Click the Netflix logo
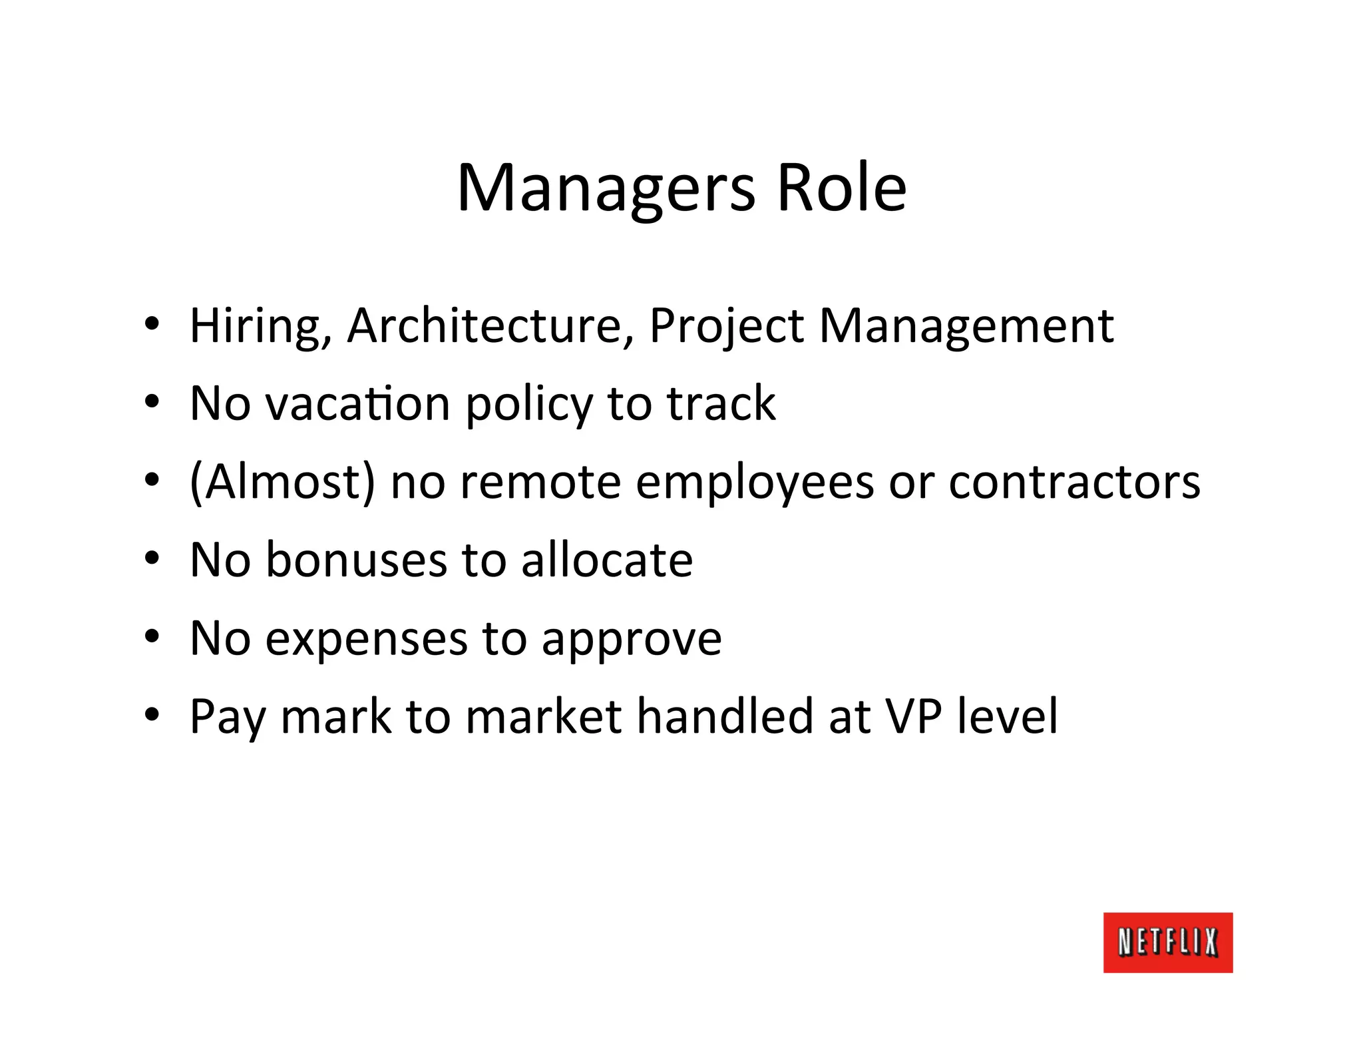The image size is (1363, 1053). (1167, 943)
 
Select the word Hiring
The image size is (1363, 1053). (260, 326)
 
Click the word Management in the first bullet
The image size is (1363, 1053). (966, 326)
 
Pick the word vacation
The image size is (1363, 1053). (358, 404)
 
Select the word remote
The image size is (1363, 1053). (540, 482)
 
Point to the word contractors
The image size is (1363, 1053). (1074, 482)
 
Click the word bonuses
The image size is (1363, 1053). (356, 560)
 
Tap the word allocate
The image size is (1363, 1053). (606, 560)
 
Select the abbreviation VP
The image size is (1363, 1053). (913, 717)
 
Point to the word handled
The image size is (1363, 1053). (725, 717)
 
